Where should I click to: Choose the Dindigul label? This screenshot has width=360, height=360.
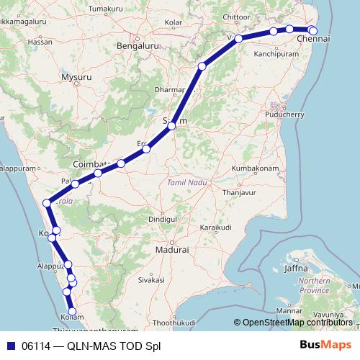pos(162,217)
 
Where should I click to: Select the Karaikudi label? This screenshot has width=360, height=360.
pos(218,227)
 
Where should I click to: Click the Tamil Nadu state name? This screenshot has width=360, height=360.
pos(187,183)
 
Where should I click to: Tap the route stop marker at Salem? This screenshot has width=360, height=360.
pos(171,126)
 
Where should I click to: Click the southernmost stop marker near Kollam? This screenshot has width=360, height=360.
pos(72,310)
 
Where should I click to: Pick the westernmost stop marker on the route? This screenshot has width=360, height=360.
pos(48,202)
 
